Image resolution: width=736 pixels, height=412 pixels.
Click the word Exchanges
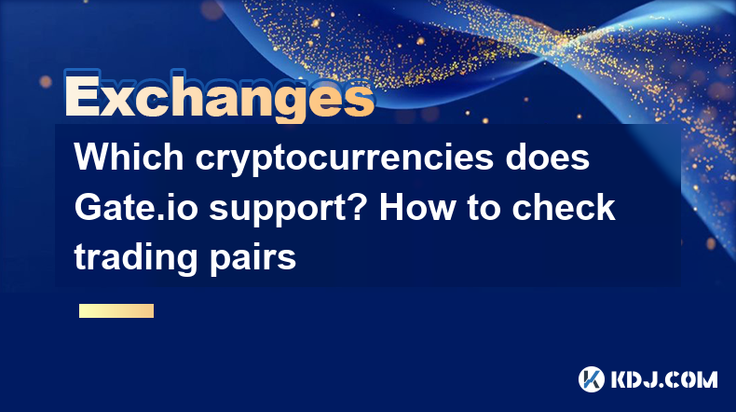pyautogui.click(x=220, y=97)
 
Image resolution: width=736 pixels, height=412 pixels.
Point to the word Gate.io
pyautogui.click(x=136, y=207)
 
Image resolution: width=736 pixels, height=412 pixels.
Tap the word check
pyautogui.click(x=564, y=207)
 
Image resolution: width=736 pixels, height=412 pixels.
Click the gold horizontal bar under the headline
pyautogui.click(x=116, y=310)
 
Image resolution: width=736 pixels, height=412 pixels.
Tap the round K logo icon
pyautogui.click(x=592, y=379)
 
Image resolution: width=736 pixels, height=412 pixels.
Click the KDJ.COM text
pyautogui.click(x=664, y=379)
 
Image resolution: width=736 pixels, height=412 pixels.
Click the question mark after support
pyautogui.click(x=358, y=207)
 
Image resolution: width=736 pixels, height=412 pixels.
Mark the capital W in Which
pyautogui.click(x=93, y=157)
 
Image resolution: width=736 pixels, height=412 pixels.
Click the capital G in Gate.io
pyautogui.click(x=88, y=207)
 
